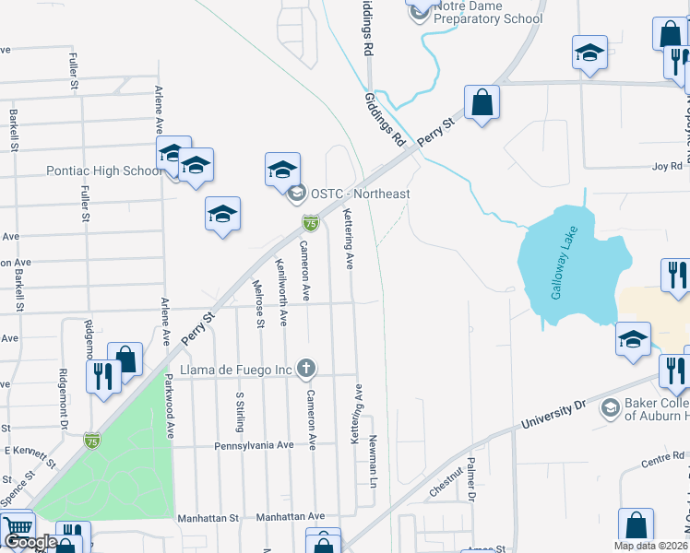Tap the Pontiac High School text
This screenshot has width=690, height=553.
click(104, 171)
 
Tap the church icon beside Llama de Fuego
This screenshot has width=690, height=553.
click(307, 370)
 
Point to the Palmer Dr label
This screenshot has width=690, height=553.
click(470, 479)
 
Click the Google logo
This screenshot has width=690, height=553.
click(30, 542)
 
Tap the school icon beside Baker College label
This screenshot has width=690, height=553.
click(609, 407)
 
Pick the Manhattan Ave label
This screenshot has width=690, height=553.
click(291, 517)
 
